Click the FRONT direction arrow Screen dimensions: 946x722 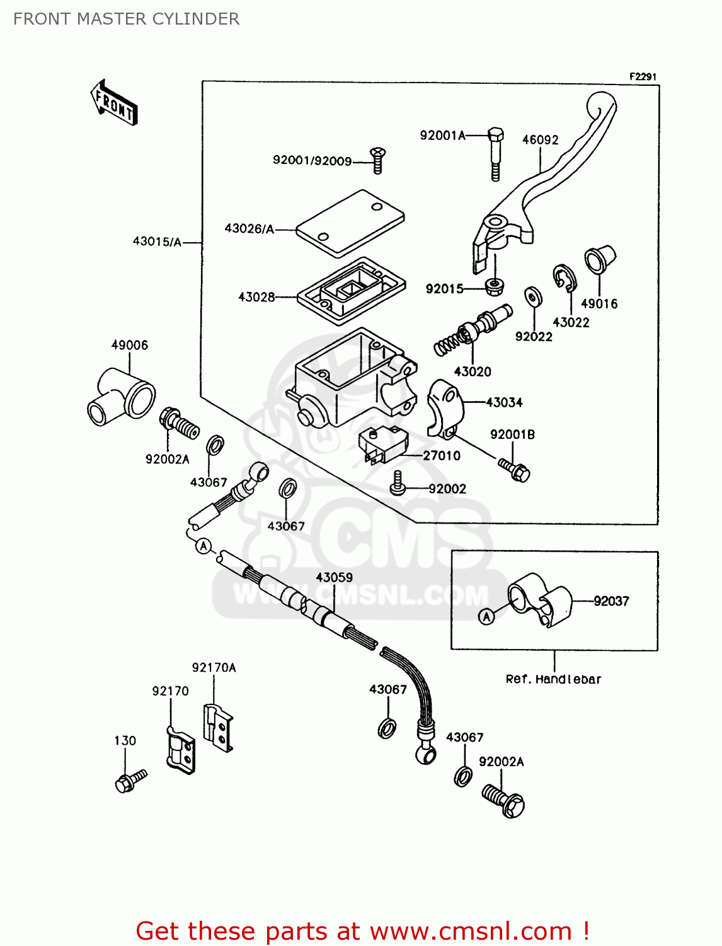[x=114, y=103]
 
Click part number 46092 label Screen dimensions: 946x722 [x=540, y=140]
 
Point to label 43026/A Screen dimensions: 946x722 [x=249, y=229]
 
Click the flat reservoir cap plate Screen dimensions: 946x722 [x=350, y=224]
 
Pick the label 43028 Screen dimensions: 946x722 [x=256, y=297]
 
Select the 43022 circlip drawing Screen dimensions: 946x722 [x=565, y=278]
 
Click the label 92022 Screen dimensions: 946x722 [x=534, y=337]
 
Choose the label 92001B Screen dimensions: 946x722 [x=512, y=435]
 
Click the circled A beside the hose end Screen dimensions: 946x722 [x=203, y=546]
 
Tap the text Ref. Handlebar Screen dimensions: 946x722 [x=553, y=679]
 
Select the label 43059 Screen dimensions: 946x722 [x=334, y=578]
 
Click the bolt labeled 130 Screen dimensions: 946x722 [x=129, y=781]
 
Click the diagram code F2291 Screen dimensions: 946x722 [x=643, y=76]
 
